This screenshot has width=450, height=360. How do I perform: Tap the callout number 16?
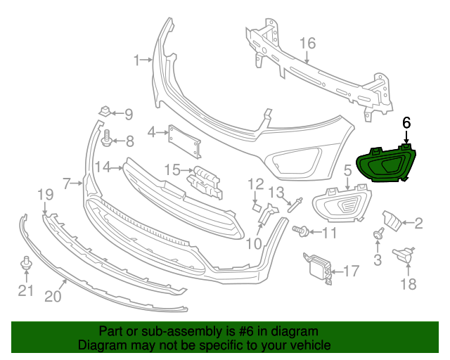[309, 44]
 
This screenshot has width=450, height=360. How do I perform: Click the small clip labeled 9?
[105, 111]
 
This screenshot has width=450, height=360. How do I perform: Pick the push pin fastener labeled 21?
[26, 264]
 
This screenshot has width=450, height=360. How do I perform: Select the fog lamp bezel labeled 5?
[341, 204]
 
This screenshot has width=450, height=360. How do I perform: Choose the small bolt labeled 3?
[378, 235]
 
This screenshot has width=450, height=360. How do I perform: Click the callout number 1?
[138, 60]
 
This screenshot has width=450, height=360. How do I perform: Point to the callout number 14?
[103, 167]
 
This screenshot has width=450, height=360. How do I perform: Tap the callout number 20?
[53, 296]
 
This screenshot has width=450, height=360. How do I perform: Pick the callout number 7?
[67, 184]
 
